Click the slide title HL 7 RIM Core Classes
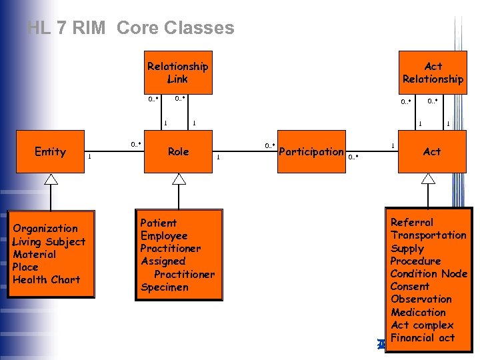(x=131, y=28)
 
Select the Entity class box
(x=51, y=151)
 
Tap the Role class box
(x=178, y=151)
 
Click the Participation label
(x=311, y=152)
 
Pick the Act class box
(x=431, y=151)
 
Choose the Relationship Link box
(x=177, y=73)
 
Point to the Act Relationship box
(x=433, y=73)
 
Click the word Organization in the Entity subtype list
(x=45, y=229)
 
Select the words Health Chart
(x=46, y=280)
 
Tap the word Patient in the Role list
(x=159, y=223)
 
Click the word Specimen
(x=164, y=287)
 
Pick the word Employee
(x=164, y=235)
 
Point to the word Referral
(x=411, y=222)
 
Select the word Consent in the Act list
(x=409, y=286)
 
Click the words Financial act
(x=422, y=338)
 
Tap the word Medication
(x=418, y=312)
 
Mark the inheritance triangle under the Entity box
(x=51, y=179)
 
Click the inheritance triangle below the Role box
(x=179, y=179)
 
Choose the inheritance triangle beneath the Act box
(x=428, y=179)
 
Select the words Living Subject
(x=49, y=241)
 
